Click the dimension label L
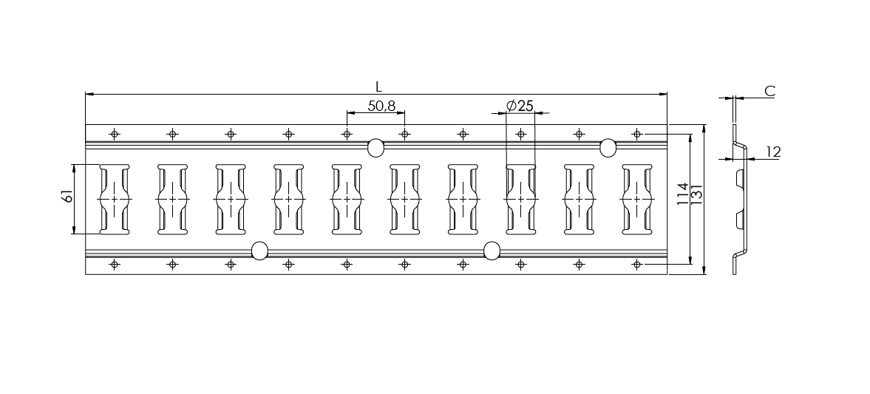click(378, 87)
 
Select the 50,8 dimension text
click(381, 106)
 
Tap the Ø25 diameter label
click(520, 106)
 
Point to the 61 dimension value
click(68, 196)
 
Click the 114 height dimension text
click(683, 194)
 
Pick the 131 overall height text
click(697, 194)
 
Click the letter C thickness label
click(769, 91)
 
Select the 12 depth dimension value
click(773, 152)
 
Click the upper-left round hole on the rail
click(375, 148)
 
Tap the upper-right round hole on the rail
click(608, 148)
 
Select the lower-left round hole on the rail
click(259, 251)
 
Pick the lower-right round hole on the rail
click(492, 251)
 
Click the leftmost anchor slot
click(115, 200)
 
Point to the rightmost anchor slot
click(637, 200)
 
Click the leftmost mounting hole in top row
click(115, 134)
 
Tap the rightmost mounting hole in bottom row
click(637, 265)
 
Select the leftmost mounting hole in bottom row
click(115, 265)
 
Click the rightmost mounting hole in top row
click(637, 134)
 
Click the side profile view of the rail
click(740, 200)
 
